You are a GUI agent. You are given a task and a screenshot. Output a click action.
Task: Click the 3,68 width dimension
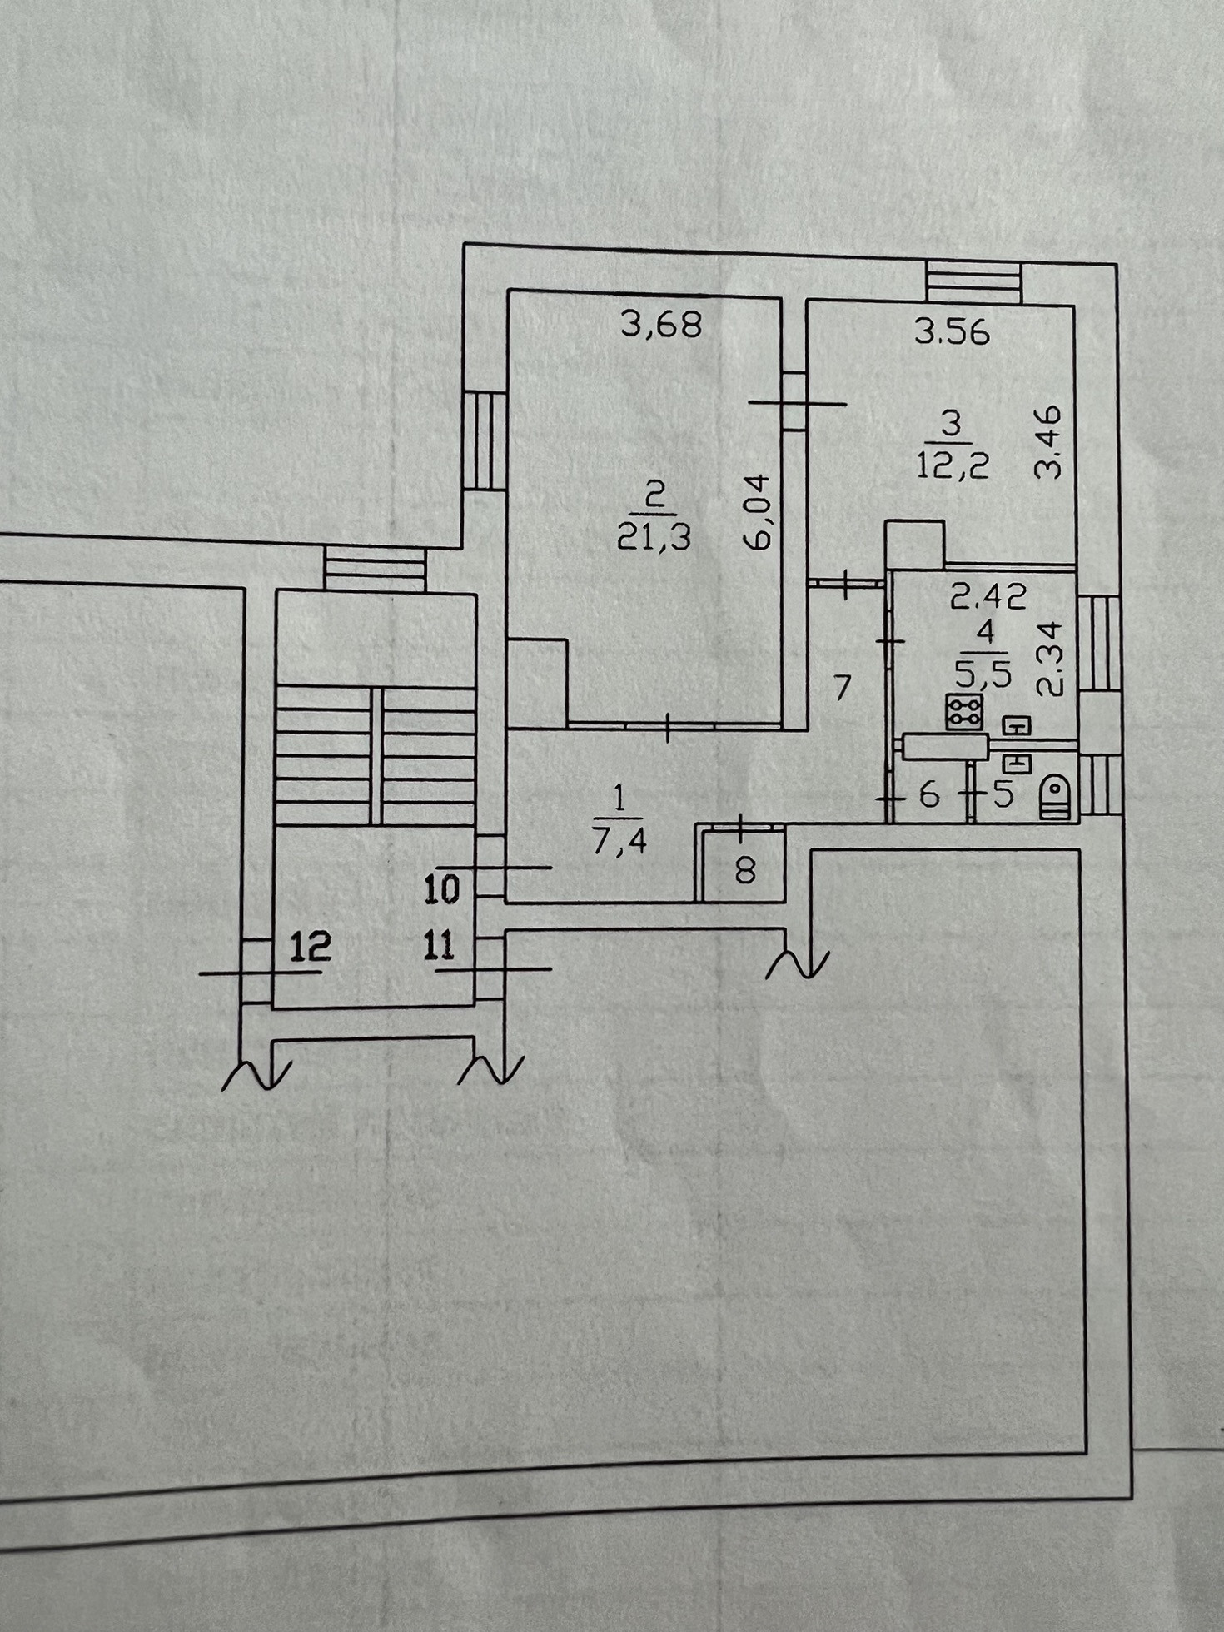(662, 324)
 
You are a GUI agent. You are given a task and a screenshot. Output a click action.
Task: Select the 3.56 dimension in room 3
(952, 332)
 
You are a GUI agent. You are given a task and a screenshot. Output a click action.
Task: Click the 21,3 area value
(654, 538)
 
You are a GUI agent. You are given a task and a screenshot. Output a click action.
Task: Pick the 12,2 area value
(953, 465)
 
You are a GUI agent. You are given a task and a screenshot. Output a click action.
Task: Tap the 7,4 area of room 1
(619, 842)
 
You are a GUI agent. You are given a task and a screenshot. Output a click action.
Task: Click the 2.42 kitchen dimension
(988, 595)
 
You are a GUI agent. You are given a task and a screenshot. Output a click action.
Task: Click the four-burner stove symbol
(964, 712)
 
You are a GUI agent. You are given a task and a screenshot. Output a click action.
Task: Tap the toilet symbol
(1054, 797)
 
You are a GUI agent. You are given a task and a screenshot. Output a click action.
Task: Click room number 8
(745, 871)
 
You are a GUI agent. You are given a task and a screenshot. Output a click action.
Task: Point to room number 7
(843, 688)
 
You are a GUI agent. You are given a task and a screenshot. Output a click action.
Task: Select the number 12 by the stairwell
(311, 946)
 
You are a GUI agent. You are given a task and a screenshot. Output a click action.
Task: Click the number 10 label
(441, 890)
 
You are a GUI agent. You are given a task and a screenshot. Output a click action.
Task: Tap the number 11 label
(439, 946)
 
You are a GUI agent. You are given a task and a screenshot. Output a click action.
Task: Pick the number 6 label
(929, 795)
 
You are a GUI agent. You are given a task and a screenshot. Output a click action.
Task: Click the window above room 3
(973, 281)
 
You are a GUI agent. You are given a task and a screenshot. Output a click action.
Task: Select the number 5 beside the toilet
(1003, 795)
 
